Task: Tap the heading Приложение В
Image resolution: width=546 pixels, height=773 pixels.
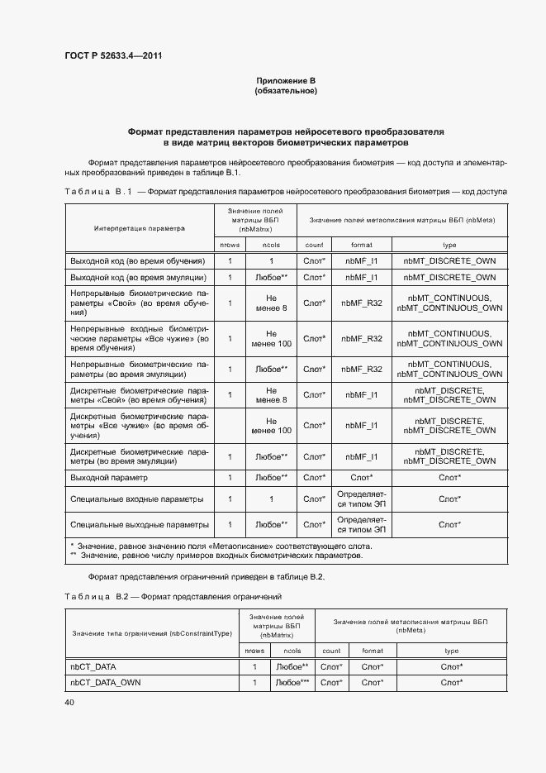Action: pyautogui.click(x=286, y=80)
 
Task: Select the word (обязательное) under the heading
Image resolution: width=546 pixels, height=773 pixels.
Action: pyautogui.click(x=286, y=90)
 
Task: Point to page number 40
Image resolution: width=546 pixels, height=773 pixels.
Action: pyautogui.click(x=69, y=702)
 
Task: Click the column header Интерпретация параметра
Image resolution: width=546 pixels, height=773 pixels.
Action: pyautogui.click(x=139, y=227)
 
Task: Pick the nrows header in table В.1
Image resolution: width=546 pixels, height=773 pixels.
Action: pyautogui.click(x=230, y=245)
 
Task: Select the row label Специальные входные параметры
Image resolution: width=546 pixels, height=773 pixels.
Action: pyautogui.click(x=136, y=499)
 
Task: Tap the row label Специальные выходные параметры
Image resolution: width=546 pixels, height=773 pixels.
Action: pyautogui.click(x=139, y=525)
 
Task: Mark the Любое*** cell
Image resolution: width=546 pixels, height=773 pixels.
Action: pyautogui.click(x=292, y=682)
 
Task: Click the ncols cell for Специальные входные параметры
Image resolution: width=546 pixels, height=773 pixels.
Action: pyautogui.click(x=271, y=499)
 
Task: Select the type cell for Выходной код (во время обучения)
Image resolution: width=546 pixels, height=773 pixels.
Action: pyautogui.click(x=450, y=260)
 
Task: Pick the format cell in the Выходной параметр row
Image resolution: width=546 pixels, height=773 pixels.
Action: pyautogui.click(x=361, y=478)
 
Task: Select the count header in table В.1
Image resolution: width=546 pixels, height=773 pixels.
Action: pyautogui.click(x=314, y=245)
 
